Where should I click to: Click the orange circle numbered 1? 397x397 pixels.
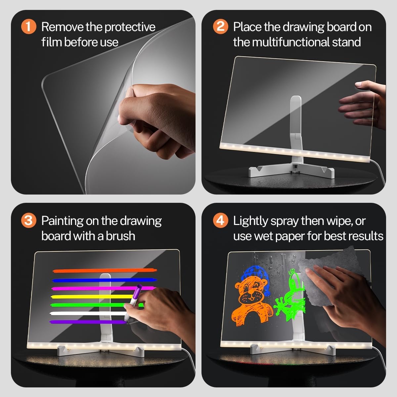click(x=28, y=27)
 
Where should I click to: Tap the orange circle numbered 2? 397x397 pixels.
click(x=220, y=27)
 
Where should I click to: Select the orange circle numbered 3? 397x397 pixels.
click(x=28, y=220)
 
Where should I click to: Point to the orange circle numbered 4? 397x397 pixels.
click(x=220, y=220)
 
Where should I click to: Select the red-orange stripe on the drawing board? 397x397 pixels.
click(x=104, y=271)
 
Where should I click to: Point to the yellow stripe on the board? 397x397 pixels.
click(x=89, y=296)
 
